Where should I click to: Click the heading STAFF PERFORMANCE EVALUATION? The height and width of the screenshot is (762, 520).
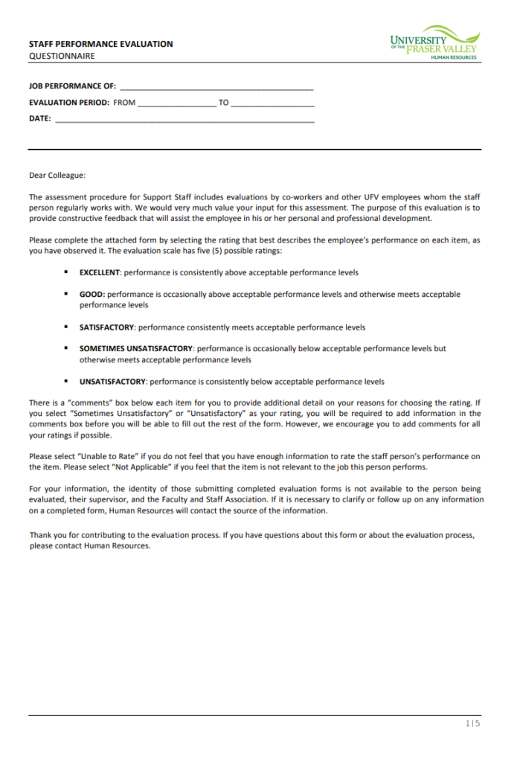[100, 44]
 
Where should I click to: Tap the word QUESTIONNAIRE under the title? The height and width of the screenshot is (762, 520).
[62, 56]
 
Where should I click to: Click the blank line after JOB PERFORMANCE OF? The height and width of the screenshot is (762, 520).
[216, 86]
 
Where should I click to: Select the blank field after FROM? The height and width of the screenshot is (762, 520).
[176, 103]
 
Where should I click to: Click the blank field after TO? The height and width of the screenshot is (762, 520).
[272, 103]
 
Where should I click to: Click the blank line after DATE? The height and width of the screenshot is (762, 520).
[184, 119]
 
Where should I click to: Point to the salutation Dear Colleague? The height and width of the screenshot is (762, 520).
[57, 176]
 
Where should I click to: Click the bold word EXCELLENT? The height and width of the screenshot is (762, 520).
[100, 272]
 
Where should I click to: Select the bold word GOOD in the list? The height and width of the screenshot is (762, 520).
[92, 294]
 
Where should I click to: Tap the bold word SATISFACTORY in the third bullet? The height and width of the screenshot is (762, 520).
[106, 327]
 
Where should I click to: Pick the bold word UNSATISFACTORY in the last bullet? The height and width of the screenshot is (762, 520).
[113, 382]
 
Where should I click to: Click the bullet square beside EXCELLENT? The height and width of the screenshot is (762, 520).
[66, 272]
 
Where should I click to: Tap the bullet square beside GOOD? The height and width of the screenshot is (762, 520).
[66, 294]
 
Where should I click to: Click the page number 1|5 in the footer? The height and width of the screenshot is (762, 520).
[473, 723]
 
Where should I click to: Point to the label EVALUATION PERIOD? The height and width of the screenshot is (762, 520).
[69, 103]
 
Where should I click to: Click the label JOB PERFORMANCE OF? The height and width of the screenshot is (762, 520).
[72, 86]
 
